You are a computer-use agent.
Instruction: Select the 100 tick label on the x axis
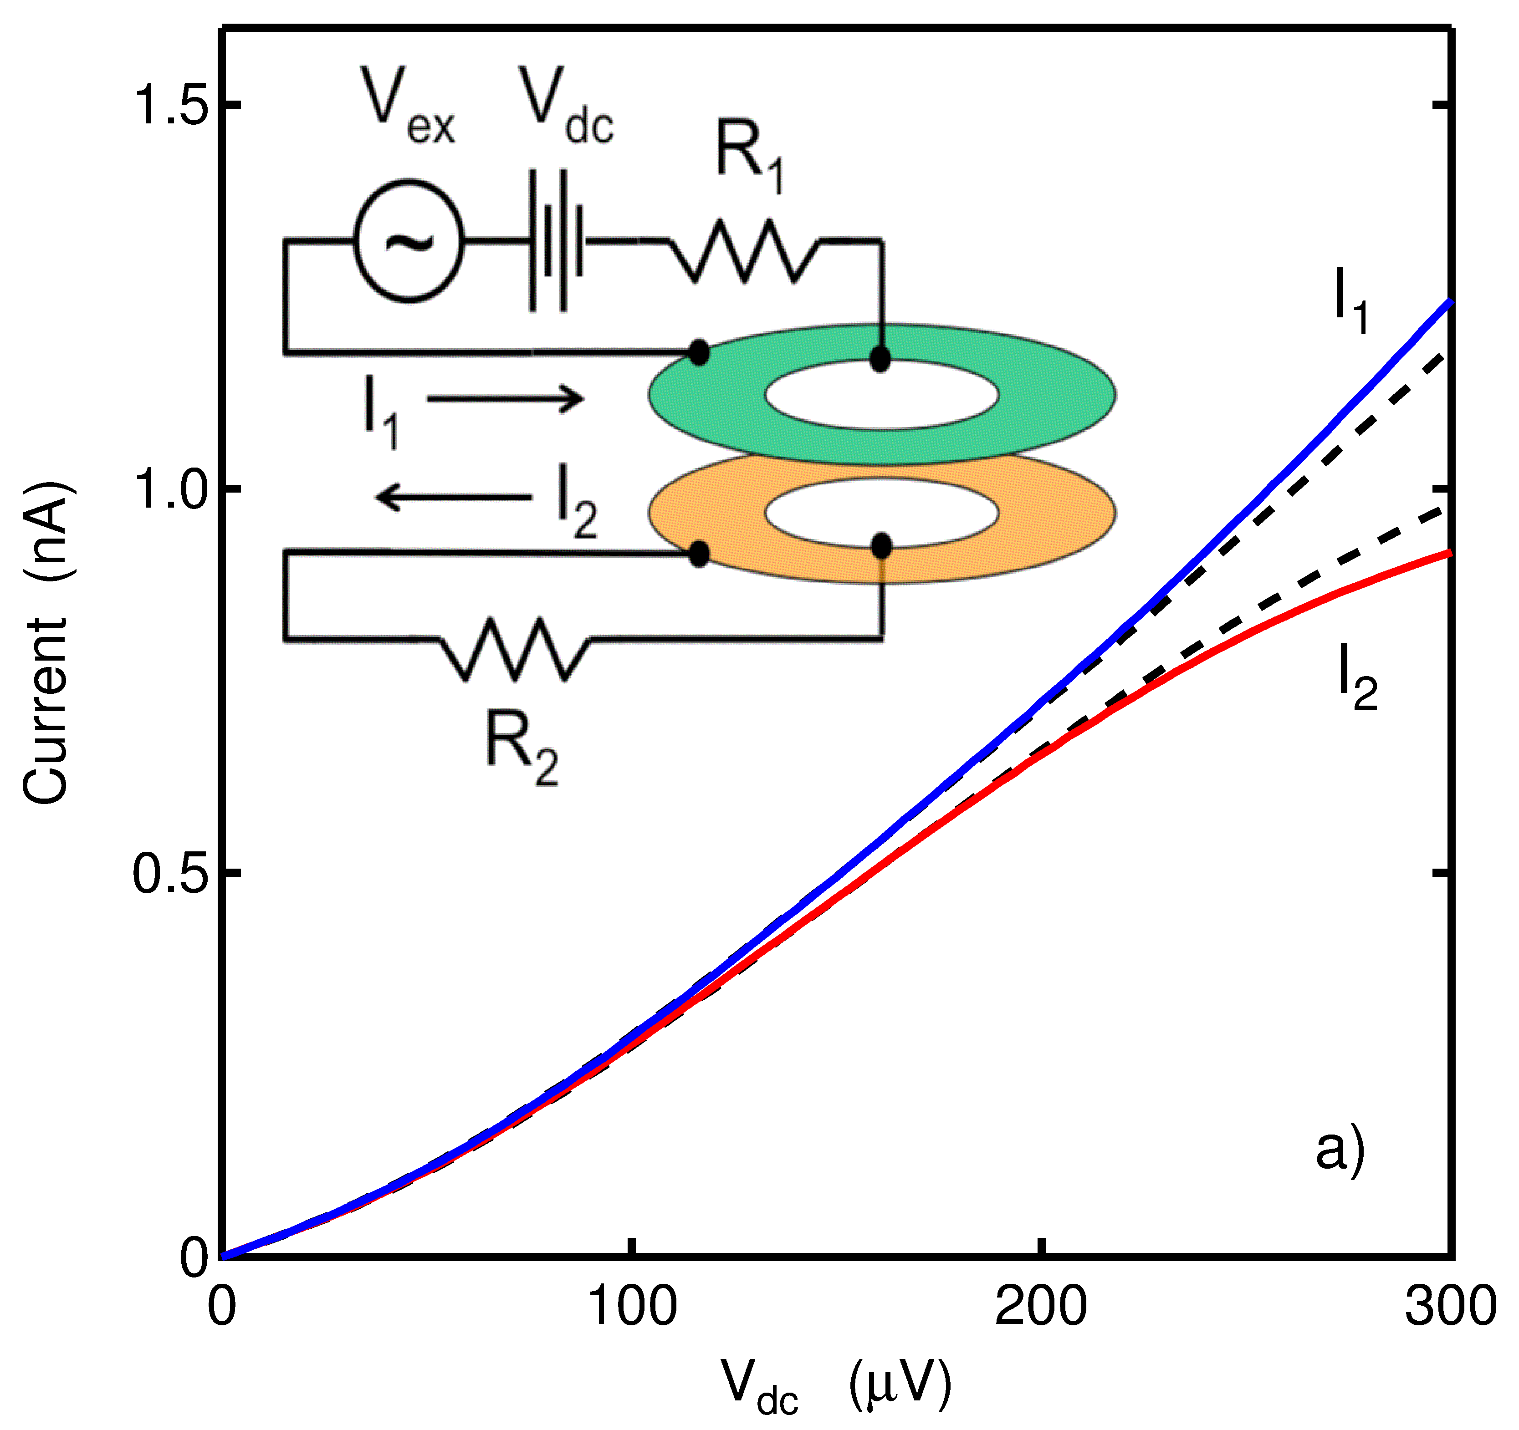tap(631, 1308)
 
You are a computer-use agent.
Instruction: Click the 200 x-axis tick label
tap(1041, 1308)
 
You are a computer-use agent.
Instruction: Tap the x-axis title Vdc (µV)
tap(837, 1386)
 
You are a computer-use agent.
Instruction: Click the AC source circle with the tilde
tap(409, 241)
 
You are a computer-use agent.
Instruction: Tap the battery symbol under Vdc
tap(556, 241)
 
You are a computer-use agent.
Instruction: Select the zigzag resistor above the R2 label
tap(516, 649)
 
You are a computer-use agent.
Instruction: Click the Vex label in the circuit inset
tap(409, 107)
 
